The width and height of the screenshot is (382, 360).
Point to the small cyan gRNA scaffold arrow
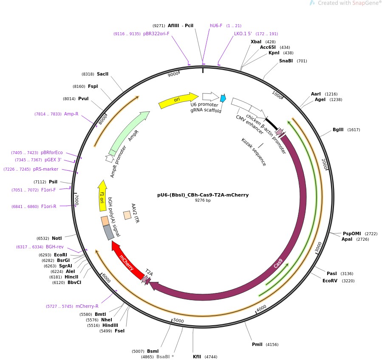(223, 98)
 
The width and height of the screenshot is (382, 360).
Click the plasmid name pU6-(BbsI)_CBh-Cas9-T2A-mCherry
(203, 195)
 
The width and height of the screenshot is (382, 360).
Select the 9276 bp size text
(203, 200)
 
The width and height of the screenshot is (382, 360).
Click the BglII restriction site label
(339, 129)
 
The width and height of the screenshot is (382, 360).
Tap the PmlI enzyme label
(257, 344)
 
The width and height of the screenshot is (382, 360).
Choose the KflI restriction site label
(197, 357)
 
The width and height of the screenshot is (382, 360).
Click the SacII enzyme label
(102, 74)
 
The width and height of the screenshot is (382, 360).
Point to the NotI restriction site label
(57, 239)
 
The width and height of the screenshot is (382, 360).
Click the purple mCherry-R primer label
(87, 306)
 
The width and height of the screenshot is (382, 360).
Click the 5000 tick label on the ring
(179, 321)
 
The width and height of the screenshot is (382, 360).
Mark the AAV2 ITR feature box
(127, 215)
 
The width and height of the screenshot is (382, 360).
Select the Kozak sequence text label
(254, 152)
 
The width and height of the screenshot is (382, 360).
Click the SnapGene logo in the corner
(345, 3)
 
